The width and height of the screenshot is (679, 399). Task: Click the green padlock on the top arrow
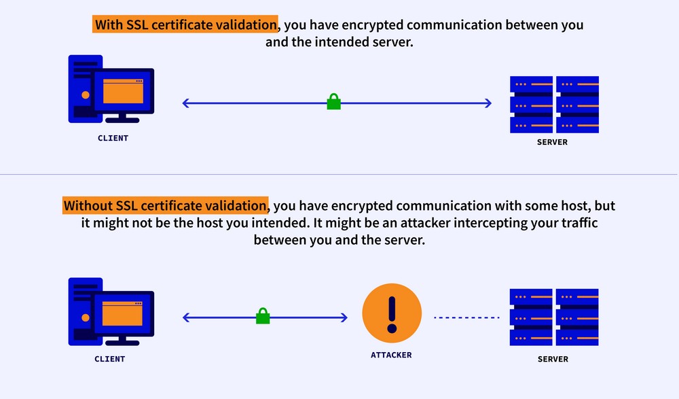click(x=333, y=101)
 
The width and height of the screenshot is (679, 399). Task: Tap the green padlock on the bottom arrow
click(x=263, y=316)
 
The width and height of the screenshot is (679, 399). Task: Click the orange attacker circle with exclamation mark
click(x=392, y=313)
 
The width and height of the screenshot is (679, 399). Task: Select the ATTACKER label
click(x=391, y=355)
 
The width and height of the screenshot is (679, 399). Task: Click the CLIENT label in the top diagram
click(x=113, y=138)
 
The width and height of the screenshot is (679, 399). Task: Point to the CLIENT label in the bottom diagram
click(x=110, y=359)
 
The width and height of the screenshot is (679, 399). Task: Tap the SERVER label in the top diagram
click(x=552, y=142)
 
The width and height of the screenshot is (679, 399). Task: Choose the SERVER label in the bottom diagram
click(x=553, y=359)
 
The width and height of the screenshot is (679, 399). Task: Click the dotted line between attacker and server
click(x=467, y=317)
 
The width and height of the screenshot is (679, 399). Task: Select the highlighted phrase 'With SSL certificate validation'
click(x=185, y=24)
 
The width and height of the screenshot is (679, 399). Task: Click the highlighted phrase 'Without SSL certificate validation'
click(x=166, y=205)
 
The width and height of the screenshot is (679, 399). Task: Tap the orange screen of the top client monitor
click(x=123, y=91)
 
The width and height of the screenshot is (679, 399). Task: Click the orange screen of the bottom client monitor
click(x=122, y=313)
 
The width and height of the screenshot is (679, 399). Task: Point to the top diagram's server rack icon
click(x=554, y=105)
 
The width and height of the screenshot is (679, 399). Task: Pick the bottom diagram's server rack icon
click(x=554, y=317)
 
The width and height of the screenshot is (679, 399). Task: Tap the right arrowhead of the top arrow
click(x=488, y=103)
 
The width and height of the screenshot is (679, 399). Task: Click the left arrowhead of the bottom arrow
click(x=186, y=317)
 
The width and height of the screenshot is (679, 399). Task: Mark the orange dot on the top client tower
click(x=86, y=95)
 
